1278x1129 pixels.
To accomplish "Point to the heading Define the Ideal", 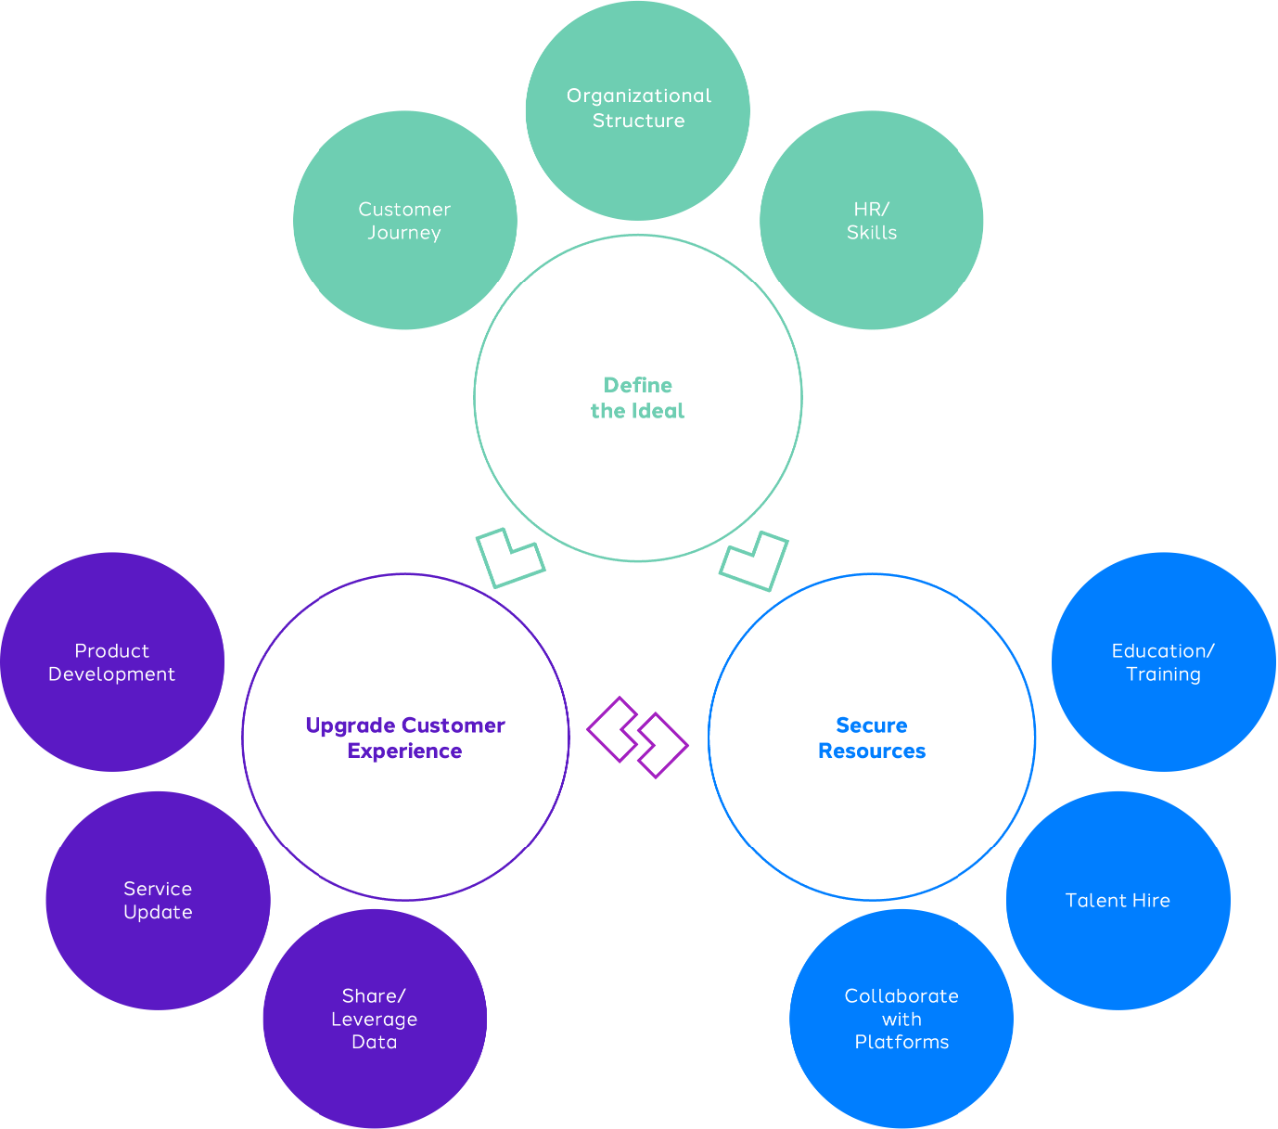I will pos(638,398).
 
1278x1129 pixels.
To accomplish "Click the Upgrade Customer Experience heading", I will pos(405,738).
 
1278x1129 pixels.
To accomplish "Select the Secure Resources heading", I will pos(872,738).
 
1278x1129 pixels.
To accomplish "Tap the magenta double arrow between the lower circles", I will pos(637,737).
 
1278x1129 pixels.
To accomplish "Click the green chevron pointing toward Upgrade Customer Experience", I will pos(510,558).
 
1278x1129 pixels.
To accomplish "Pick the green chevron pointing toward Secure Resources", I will pos(754,559).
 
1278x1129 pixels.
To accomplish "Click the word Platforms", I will pos(902,1042).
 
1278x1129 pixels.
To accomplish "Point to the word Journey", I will pos(404,233).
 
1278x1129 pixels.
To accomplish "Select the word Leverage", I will pos(374,1019).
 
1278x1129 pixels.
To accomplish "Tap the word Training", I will pos(1163,674).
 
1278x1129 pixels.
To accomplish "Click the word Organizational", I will pos(639,96).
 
